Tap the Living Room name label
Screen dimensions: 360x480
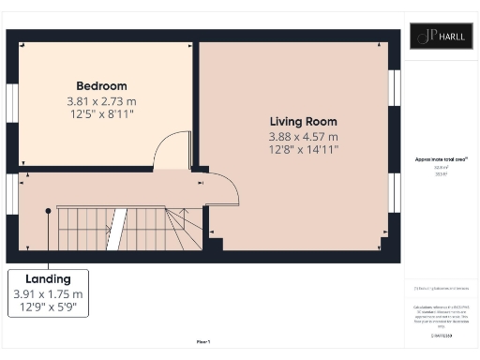(x=303, y=122)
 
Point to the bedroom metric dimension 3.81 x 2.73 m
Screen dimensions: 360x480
(x=101, y=100)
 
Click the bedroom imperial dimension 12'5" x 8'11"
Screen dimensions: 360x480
(x=101, y=113)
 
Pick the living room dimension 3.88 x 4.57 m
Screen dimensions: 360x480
(x=303, y=136)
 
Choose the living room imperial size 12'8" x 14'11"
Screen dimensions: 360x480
(x=303, y=148)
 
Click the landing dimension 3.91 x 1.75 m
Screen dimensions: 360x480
(x=49, y=294)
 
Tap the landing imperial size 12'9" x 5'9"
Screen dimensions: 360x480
(x=49, y=307)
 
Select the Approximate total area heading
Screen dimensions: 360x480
(x=441, y=160)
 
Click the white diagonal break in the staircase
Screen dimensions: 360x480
(x=116, y=229)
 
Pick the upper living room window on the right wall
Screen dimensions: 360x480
(x=396, y=87)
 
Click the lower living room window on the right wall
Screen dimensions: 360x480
(x=396, y=191)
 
